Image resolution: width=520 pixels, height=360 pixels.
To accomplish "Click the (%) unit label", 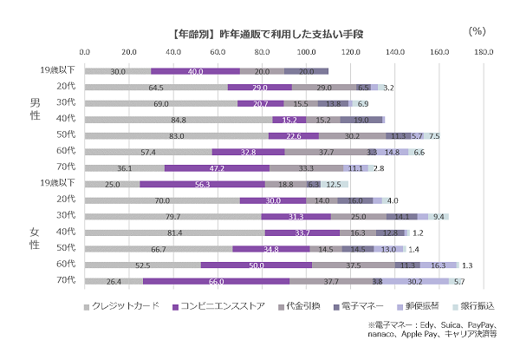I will [x=477, y=30].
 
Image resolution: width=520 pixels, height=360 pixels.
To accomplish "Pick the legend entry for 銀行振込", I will [x=478, y=306].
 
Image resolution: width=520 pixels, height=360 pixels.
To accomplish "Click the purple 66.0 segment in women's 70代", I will [x=216, y=281].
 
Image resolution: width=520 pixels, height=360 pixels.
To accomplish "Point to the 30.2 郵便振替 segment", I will [x=415, y=281].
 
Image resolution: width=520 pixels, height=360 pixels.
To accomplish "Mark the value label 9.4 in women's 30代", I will [x=439, y=216].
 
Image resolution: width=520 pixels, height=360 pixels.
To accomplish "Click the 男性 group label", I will [x=36, y=108].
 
